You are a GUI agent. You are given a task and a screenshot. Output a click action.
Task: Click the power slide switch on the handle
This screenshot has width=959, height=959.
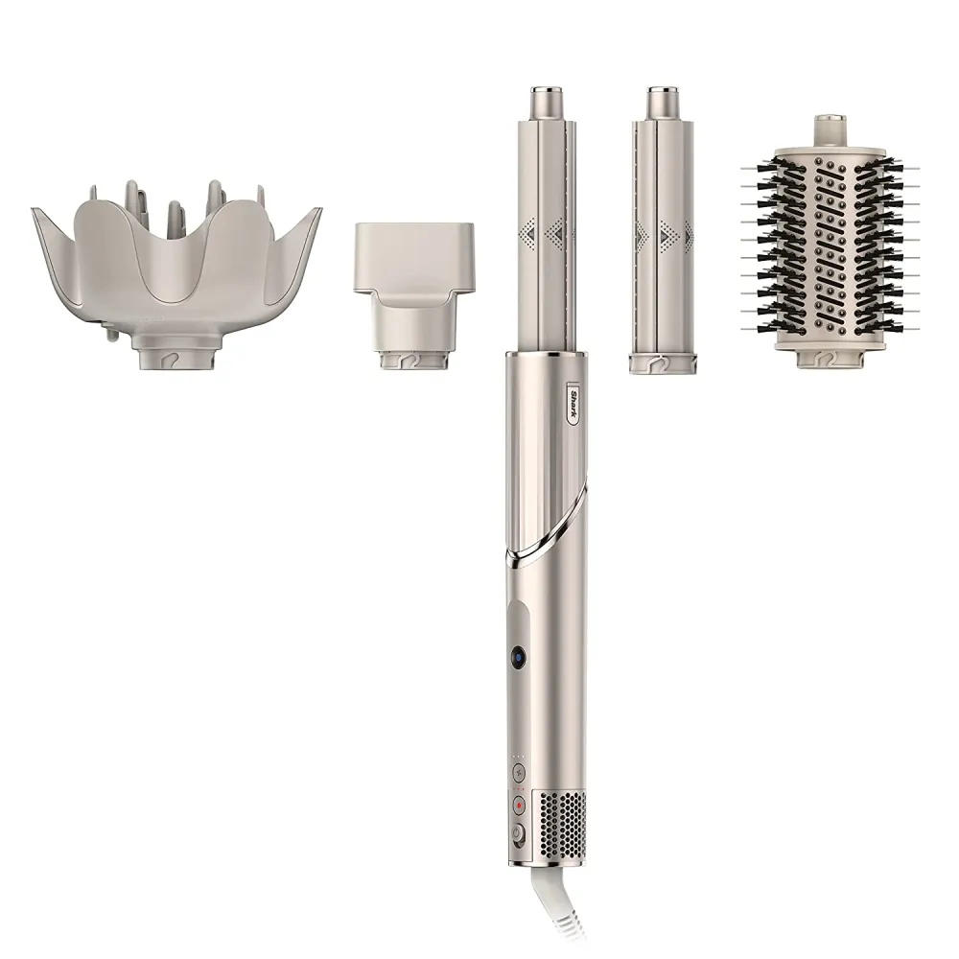(519, 832)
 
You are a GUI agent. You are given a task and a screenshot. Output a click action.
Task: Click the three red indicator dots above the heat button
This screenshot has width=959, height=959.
(519, 788)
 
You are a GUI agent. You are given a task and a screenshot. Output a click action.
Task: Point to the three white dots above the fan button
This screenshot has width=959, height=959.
(519, 756)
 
